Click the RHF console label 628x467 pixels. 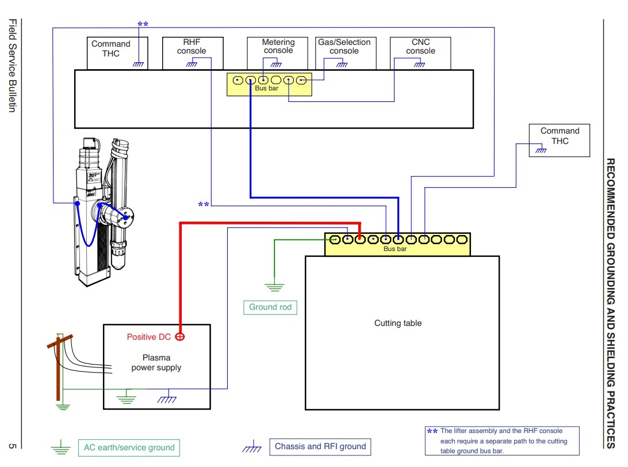[192, 47]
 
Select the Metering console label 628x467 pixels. [278, 46]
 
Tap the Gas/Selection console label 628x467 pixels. [344, 47]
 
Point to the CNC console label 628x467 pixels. [420, 47]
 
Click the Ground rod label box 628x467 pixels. [270, 307]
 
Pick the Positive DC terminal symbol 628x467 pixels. [180, 337]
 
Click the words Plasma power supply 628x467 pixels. [156, 362]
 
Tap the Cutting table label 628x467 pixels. [398, 323]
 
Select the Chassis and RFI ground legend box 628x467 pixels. [320, 446]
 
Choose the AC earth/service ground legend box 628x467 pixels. [129, 448]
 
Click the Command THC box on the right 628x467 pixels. [560, 141]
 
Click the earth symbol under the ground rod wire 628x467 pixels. [274, 287]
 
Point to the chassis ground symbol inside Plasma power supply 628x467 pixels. [167, 399]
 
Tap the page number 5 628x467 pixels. [13, 446]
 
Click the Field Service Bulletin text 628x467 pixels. [13, 66]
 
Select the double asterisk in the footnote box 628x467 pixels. [432, 432]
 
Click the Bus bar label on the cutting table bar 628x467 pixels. [395, 249]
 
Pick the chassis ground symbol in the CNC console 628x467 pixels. [419, 64]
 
